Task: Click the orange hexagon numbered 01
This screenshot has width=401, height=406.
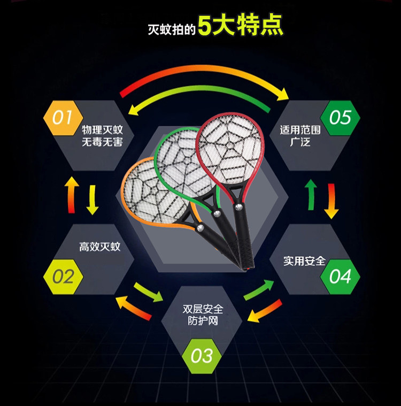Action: tap(62, 117)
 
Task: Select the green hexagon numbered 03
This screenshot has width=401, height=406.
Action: tap(202, 355)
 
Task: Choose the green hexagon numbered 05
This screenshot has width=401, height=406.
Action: tap(340, 117)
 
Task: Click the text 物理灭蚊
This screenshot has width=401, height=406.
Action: tap(102, 130)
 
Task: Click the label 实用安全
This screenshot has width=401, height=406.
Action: tap(304, 261)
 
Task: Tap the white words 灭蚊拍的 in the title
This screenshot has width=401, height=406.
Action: tap(171, 28)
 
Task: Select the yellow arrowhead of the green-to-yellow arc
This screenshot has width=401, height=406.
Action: tap(137, 110)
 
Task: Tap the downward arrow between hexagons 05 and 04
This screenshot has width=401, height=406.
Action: tap(331, 201)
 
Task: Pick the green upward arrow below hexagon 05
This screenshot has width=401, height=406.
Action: tap(310, 194)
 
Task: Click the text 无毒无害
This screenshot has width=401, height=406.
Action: tap(102, 143)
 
